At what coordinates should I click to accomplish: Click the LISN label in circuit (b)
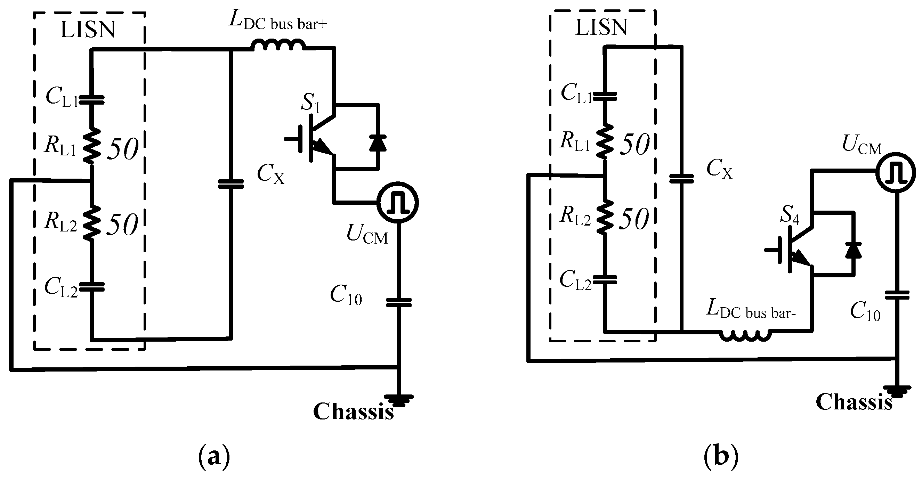[x=601, y=27]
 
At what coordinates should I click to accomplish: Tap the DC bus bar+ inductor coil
[x=278, y=46]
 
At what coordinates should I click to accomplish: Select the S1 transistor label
[x=310, y=103]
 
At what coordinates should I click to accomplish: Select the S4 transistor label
[x=790, y=215]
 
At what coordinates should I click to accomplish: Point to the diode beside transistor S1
[x=378, y=143]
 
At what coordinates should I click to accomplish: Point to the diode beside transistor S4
[x=854, y=250]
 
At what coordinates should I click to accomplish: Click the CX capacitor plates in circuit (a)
[x=231, y=184]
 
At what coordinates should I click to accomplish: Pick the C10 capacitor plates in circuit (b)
[x=897, y=295]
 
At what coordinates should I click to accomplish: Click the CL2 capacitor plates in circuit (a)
[x=92, y=287]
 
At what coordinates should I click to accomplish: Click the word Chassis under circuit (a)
[x=353, y=411]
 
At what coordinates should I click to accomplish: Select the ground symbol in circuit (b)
[x=897, y=390]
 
